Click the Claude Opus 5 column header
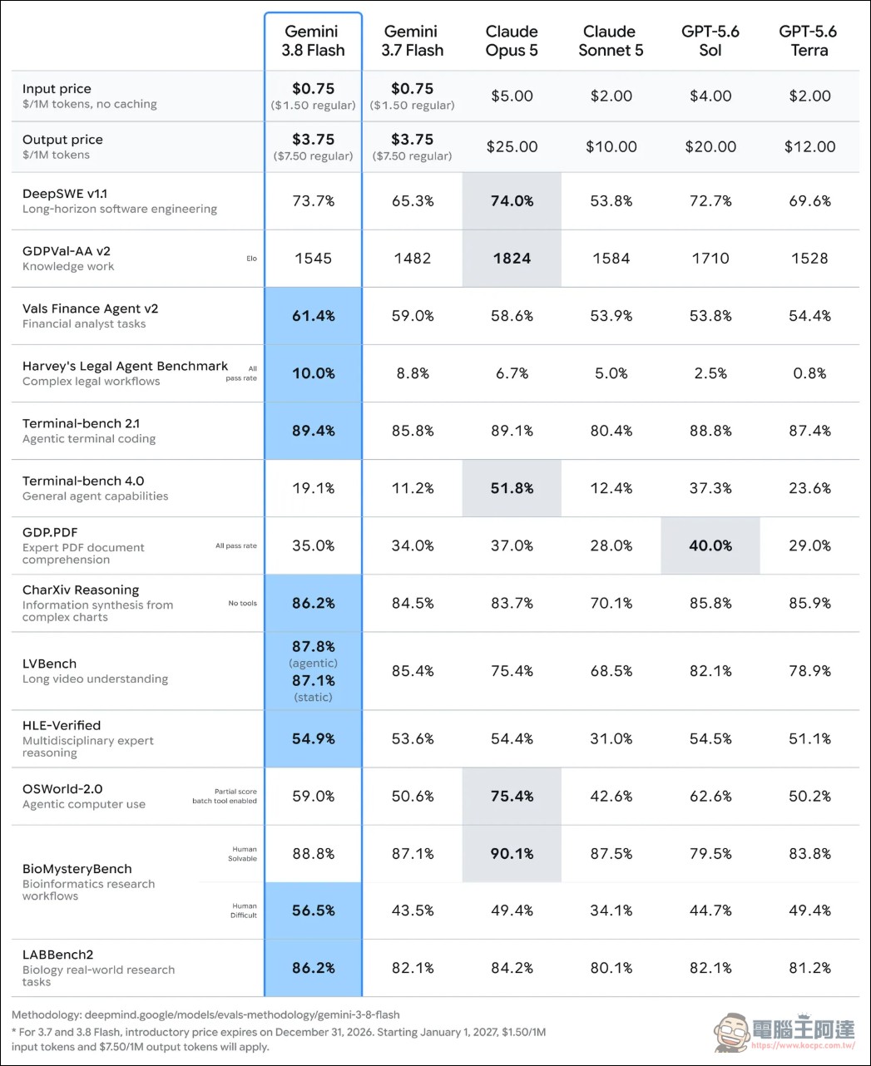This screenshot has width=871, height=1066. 512,41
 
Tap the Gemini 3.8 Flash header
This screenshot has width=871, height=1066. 313,41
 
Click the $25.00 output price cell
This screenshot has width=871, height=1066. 512,146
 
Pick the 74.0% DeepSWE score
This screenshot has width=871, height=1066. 512,200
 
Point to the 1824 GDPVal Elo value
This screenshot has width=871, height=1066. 512,259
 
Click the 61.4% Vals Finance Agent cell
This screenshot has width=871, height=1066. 313,316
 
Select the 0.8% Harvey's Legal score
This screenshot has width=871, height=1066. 809,373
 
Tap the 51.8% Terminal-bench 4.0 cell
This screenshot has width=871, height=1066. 512,488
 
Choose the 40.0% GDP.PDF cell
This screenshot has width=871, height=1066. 710,545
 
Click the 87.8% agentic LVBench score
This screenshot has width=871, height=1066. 313,646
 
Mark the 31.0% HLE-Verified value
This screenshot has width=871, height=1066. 611,738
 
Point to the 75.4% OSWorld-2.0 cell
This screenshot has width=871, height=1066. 512,796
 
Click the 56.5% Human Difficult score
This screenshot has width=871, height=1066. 313,911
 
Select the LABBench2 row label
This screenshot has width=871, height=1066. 57,955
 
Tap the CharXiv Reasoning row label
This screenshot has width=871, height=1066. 81,590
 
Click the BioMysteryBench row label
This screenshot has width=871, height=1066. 77,869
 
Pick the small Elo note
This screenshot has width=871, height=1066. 251,259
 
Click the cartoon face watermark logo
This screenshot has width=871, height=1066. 731,1032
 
